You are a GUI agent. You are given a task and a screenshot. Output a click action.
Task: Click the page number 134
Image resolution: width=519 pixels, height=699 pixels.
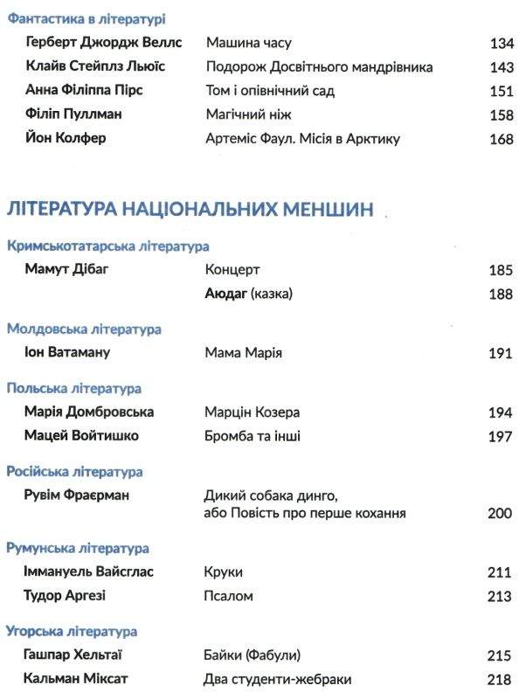(x=501, y=43)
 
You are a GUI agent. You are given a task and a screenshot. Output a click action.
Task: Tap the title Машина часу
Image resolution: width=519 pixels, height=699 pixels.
(x=248, y=42)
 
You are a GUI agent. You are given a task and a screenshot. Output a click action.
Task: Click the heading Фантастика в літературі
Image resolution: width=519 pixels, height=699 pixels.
(x=86, y=18)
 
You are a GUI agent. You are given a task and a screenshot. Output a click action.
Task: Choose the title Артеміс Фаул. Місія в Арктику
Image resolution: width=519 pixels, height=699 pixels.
(x=301, y=138)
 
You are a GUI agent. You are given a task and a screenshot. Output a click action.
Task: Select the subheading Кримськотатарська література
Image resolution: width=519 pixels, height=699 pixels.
(x=107, y=246)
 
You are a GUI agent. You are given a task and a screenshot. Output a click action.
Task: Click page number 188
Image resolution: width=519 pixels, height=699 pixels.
(x=501, y=294)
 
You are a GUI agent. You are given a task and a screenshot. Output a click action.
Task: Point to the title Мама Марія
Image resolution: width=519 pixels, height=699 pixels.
(x=244, y=353)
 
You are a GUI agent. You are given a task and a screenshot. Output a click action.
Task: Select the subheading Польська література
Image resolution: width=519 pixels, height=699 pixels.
(x=74, y=388)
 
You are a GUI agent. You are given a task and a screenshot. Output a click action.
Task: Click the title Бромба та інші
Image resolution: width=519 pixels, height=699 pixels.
(x=253, y=435)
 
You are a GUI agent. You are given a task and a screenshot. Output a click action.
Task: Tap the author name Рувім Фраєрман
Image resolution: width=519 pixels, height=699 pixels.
(x=78, y=495)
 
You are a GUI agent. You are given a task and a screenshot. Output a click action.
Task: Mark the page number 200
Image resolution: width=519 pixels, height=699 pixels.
(x=501, y=514)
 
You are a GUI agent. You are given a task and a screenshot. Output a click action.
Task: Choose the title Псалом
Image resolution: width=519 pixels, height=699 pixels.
(x=229, y=596)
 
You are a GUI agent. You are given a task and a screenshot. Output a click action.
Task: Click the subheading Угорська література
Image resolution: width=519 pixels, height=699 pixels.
(x=72, y=630)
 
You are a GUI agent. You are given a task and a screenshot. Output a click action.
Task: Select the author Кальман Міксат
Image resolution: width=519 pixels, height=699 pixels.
(x=76, y=678)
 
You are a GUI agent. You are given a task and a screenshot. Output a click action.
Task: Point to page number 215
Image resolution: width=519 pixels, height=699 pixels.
(x=501, y=654)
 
